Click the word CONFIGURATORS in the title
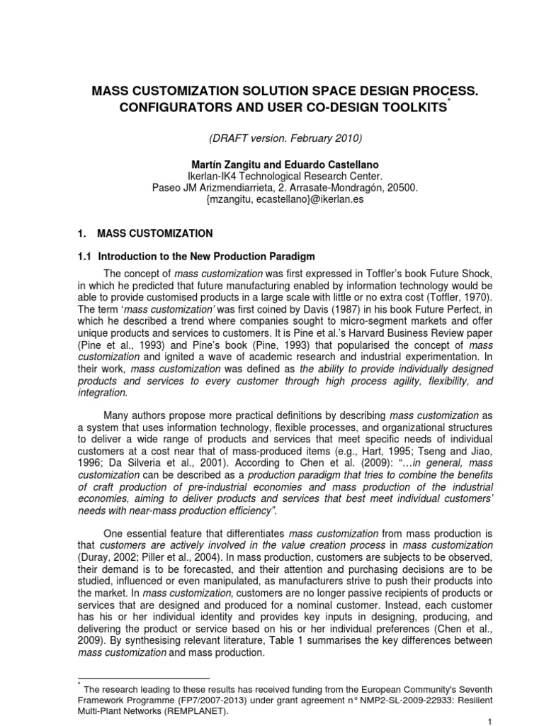[x=152, y=106]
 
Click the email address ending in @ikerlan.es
[x=271, y=199]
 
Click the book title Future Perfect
[x=405, y=311]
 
